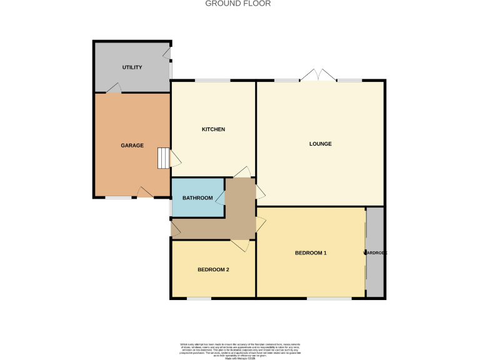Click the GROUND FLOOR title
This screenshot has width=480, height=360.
238,4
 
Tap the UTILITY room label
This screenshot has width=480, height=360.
132,67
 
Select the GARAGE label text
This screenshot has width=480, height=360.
132,146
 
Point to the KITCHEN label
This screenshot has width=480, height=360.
212,129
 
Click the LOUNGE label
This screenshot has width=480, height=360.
320,144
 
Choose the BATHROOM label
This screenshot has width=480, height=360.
197,198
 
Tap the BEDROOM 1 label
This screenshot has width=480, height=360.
311,253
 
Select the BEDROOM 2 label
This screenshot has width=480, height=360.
213,270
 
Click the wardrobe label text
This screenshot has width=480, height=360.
376,253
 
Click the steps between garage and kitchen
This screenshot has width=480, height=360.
162,157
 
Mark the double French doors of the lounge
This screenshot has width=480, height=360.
318,76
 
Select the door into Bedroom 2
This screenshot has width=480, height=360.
241,245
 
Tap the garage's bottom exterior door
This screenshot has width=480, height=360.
145,192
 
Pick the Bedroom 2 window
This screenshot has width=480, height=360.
199,298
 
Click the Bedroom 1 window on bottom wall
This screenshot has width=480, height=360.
329,298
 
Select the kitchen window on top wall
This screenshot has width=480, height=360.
212,81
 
